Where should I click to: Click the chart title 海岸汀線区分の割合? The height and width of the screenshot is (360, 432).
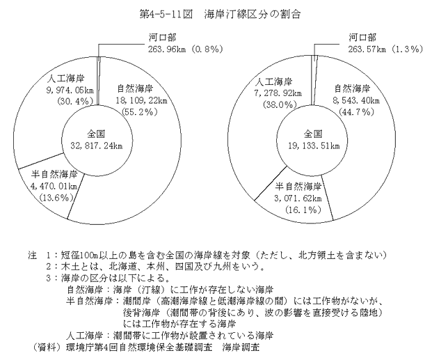coord(252,15)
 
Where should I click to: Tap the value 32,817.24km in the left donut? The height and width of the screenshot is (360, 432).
coord(97,146)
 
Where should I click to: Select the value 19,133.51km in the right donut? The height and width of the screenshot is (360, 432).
coord(314,146)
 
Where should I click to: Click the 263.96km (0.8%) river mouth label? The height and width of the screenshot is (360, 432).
coord(185,49)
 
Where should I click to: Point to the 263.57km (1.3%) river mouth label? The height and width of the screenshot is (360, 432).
coord(385,49)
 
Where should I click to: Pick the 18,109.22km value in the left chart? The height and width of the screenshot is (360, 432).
coord(141,101)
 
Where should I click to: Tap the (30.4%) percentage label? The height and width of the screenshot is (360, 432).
coord(75,101)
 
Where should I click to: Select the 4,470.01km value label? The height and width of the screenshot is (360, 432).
coord(54,186)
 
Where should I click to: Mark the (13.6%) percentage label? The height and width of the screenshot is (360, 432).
coord(57,198)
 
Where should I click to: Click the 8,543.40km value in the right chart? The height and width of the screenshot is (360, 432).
coord(356,101)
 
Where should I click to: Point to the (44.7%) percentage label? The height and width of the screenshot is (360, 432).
coord(356,112)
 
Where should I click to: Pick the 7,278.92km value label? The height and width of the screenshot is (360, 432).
coord(278,93)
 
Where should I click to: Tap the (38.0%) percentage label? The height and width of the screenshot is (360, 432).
coord(280,105)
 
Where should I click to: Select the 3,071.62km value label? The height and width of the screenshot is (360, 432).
coord(298,198)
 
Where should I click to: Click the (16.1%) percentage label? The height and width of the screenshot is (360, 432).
coord(303,210)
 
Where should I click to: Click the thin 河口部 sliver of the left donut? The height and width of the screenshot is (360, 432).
coord(99,81)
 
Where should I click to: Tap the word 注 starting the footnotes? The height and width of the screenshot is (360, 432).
coord(32,255)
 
